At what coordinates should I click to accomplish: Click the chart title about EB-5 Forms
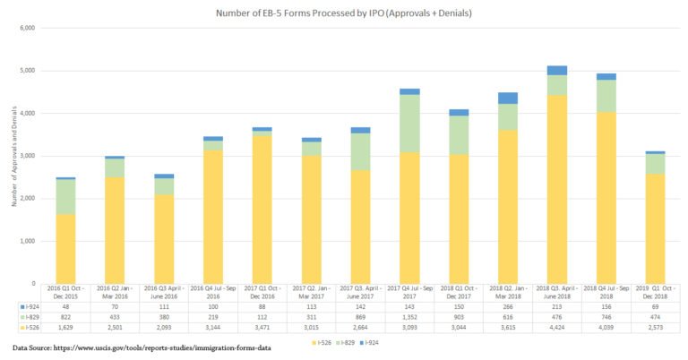[343, 13]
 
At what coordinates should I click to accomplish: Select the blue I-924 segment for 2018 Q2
[508, 98]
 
